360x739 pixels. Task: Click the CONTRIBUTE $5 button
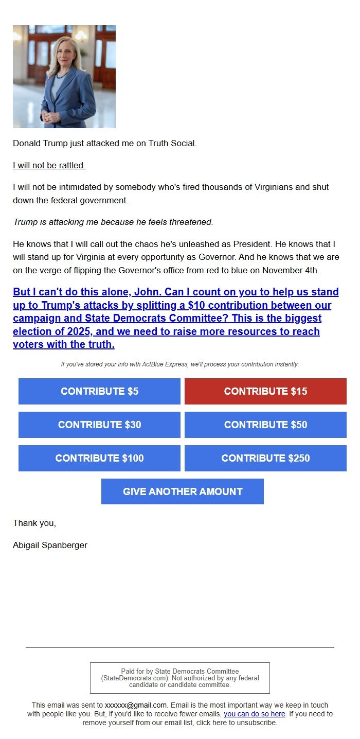pyautogui.click(x=99, y=391)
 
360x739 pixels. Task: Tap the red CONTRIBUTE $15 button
pyautogui.click(x=265, y=391)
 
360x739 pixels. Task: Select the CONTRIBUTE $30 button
pyautogui.click(x=99, y=425)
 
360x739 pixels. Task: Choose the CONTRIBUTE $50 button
pyautogui.click(x=265, y=425)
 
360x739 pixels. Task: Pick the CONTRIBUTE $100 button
pyautogui.click(x=99, y=458)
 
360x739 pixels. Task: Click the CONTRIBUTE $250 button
pyautogui.click(x=265, y=458)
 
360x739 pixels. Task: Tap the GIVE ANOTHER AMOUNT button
pyautogui.click(x=183, y=491)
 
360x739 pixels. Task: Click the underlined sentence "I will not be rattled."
pyautogui.click(x=49, y=165)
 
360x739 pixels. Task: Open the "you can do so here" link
pyautogui.click(x=254, y=714)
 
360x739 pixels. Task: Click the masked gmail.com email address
pyautogui.click(x=136, y=705)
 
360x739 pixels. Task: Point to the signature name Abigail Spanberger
pyautogui.click(x=50, y=545)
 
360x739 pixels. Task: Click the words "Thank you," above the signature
pyautogui.click(x=34, y=523)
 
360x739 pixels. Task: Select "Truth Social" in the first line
pyautogui.click(x=172, y=143)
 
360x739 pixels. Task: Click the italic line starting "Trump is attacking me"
pyautogui.click(x=113, y=222)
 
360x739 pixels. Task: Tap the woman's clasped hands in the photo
pyautogui.click(x=52, y=117)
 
